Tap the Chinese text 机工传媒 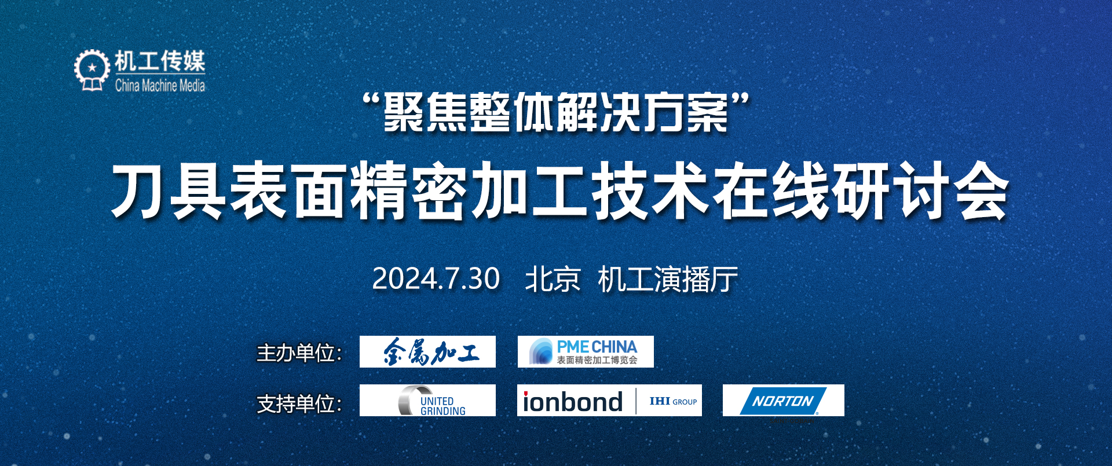click(160, 61)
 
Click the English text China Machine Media click(160, 86)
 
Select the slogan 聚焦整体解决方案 click(556, 112)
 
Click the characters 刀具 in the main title click(168, 190)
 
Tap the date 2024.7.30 click(436, 279)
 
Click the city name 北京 click(553, 280)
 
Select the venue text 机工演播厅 click(668, 280)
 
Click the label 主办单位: click(299, 353)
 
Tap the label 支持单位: click(299, 403)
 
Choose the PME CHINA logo click(586, 351)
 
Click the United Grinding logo click(432, 401)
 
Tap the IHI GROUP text click(673, 401)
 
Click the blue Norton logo click(783, 401)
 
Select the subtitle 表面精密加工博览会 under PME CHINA click(597, 360)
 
